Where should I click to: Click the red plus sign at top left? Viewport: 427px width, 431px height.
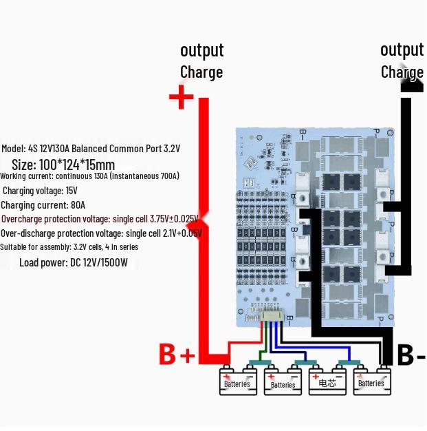tap(181, 97)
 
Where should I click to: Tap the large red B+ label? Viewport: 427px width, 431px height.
tap(177, 355)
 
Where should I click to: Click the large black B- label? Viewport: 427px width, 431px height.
tap(411, 356)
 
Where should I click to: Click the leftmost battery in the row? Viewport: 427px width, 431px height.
tap(237, 381)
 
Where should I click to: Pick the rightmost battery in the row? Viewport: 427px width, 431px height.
tap(372, 381)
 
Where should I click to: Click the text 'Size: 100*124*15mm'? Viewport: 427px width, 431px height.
tap(63, 165)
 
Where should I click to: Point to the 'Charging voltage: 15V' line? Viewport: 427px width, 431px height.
tap(40, 191)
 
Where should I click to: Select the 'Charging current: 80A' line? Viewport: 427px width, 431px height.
tap(43, 205)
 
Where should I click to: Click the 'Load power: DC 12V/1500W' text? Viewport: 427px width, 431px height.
tap(73, 262)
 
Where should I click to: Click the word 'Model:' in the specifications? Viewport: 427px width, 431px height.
tap(13, 149)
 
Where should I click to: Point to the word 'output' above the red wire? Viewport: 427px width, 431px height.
tap(201, 50)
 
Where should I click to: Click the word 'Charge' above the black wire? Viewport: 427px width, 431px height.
tap(402, 72)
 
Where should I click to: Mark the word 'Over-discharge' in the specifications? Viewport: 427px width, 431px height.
tap(27, 233)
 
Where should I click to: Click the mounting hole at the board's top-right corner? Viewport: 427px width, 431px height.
tap(389, 132)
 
